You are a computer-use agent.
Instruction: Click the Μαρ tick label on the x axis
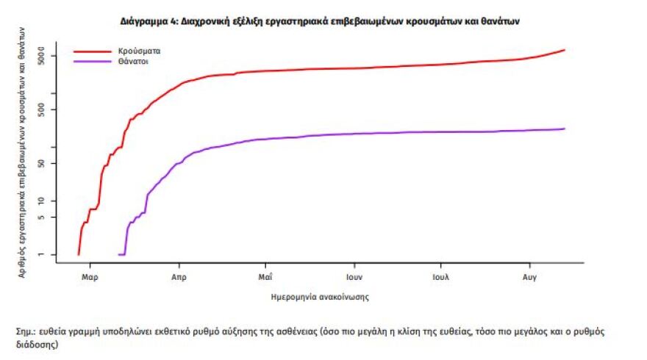pyautogui.click(x=90, y=277)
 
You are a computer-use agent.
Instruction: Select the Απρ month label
pyautogui.click(x=178, y=277)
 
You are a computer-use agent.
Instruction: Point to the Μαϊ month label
pyautogui.click(x=265, y=277)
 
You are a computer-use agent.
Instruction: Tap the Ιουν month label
pyautogui.click(x=354, y=277)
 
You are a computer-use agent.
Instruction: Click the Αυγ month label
pyautogui.click(x=529, y=277)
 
